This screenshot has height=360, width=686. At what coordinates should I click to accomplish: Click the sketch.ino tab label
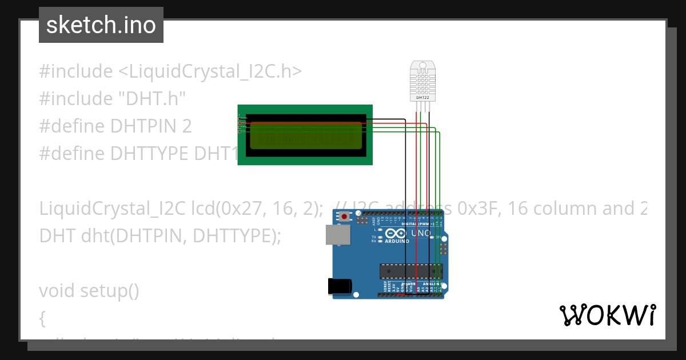point(101,25)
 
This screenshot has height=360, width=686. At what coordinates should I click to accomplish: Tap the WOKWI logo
point(607,315)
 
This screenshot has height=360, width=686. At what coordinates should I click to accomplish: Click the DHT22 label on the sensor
point(422,98)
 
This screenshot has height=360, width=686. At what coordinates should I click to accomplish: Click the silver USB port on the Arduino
point(336,235)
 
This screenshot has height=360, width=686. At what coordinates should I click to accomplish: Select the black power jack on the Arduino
point(338,286)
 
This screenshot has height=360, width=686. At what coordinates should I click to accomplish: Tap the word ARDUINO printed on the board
point(398,241)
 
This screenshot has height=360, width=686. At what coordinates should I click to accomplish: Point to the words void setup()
point(89,291)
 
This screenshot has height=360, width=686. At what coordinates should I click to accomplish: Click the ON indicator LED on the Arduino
point(434,237)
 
